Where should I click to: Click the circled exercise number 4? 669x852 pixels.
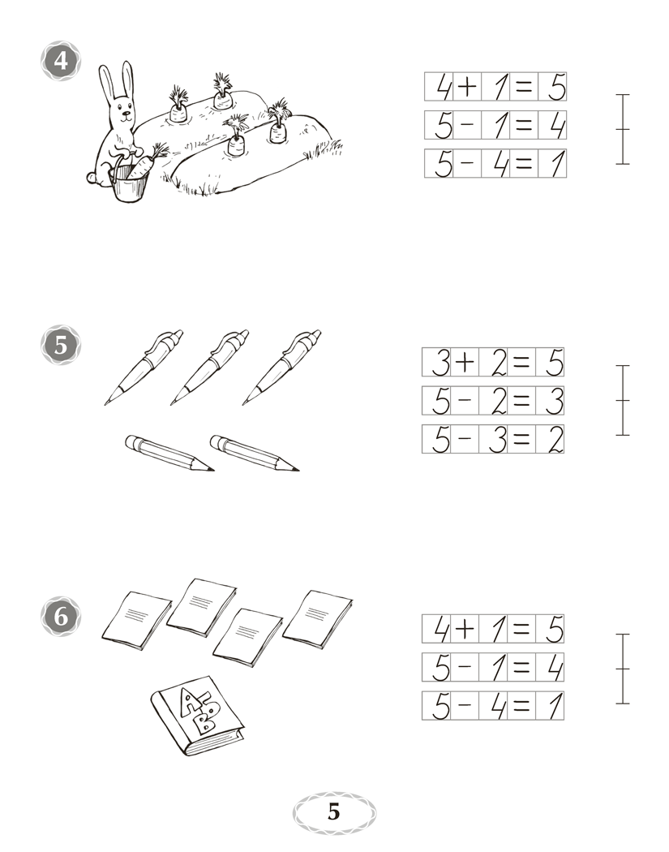[x=61, y=60]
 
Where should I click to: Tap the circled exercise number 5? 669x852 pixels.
[x=61, y=345]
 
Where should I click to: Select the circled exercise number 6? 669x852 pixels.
[x=61, y=617]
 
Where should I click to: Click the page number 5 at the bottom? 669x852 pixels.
[x=334, y=811]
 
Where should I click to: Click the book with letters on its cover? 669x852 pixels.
[x=197, y=716]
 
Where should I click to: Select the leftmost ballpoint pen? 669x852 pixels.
[x=144, y=368]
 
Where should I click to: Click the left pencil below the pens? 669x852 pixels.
[x=169, y=453]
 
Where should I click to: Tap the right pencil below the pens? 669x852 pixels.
[x=255, y=453]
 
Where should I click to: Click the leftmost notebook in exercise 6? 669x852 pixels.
[x=137, y=621]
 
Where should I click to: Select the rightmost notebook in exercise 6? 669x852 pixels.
[x=318, y=619]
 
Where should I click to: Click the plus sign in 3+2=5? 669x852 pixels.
[x=465, y=363]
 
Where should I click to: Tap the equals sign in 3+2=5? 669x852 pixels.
[x=521, y=363]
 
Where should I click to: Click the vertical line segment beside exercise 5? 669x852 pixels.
[x=623, y=401]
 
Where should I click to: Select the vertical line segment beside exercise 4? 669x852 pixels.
[x=623, y=129]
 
